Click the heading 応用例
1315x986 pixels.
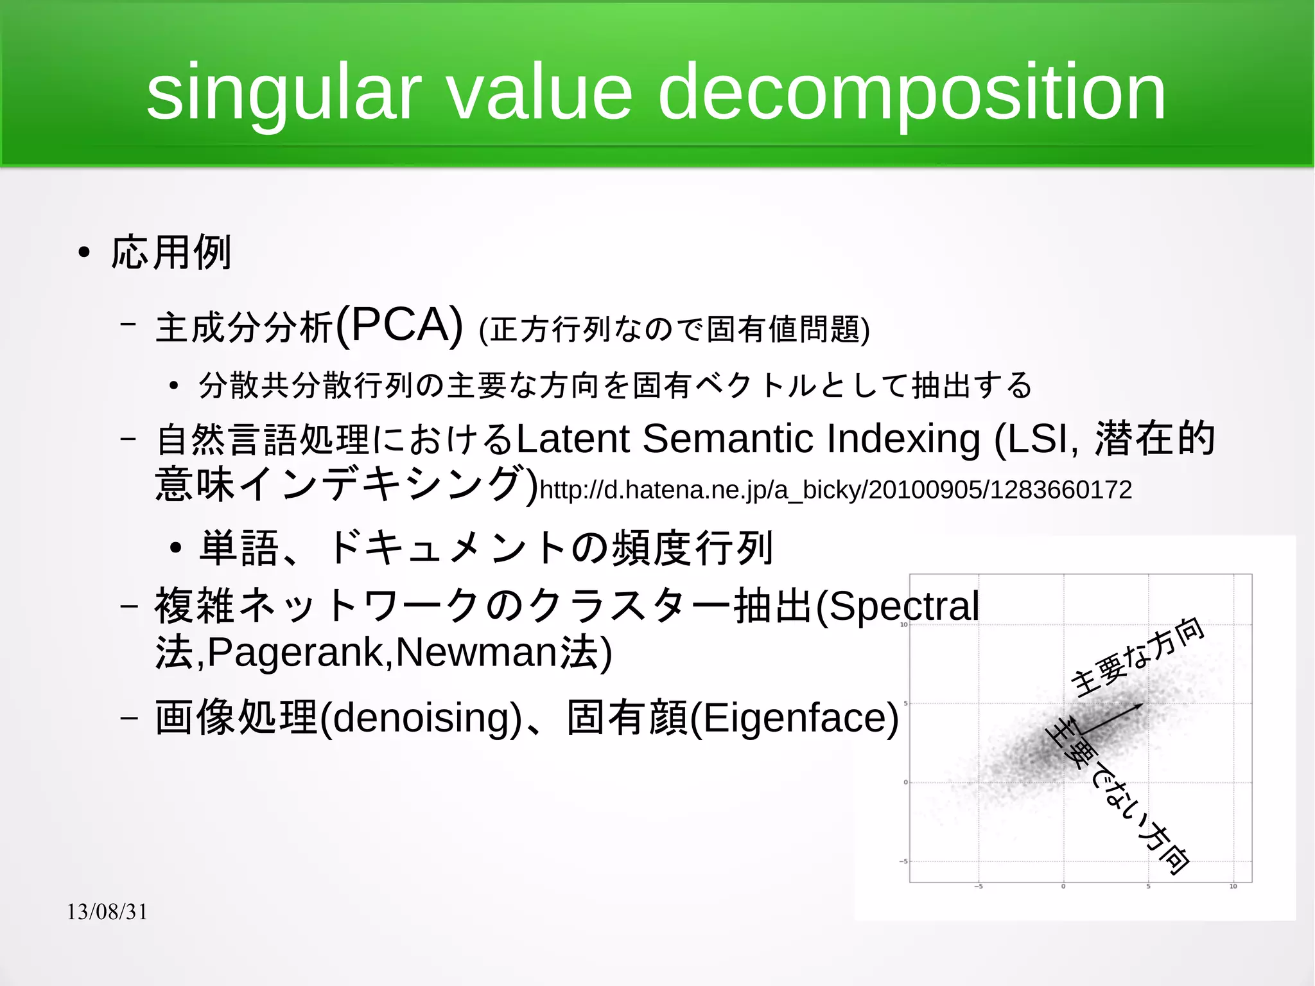point(171,252)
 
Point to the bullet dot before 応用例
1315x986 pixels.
point(84,253)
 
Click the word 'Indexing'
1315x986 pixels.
point(903,439)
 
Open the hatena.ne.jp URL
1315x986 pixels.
point(835,490)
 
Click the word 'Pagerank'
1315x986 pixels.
point(296,653)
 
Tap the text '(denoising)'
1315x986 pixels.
point(421,718)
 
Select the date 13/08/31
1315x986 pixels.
point(107,911)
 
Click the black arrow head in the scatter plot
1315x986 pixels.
point(1139,706)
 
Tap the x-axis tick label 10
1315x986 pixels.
point(1233,886)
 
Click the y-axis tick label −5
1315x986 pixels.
point(903,861)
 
